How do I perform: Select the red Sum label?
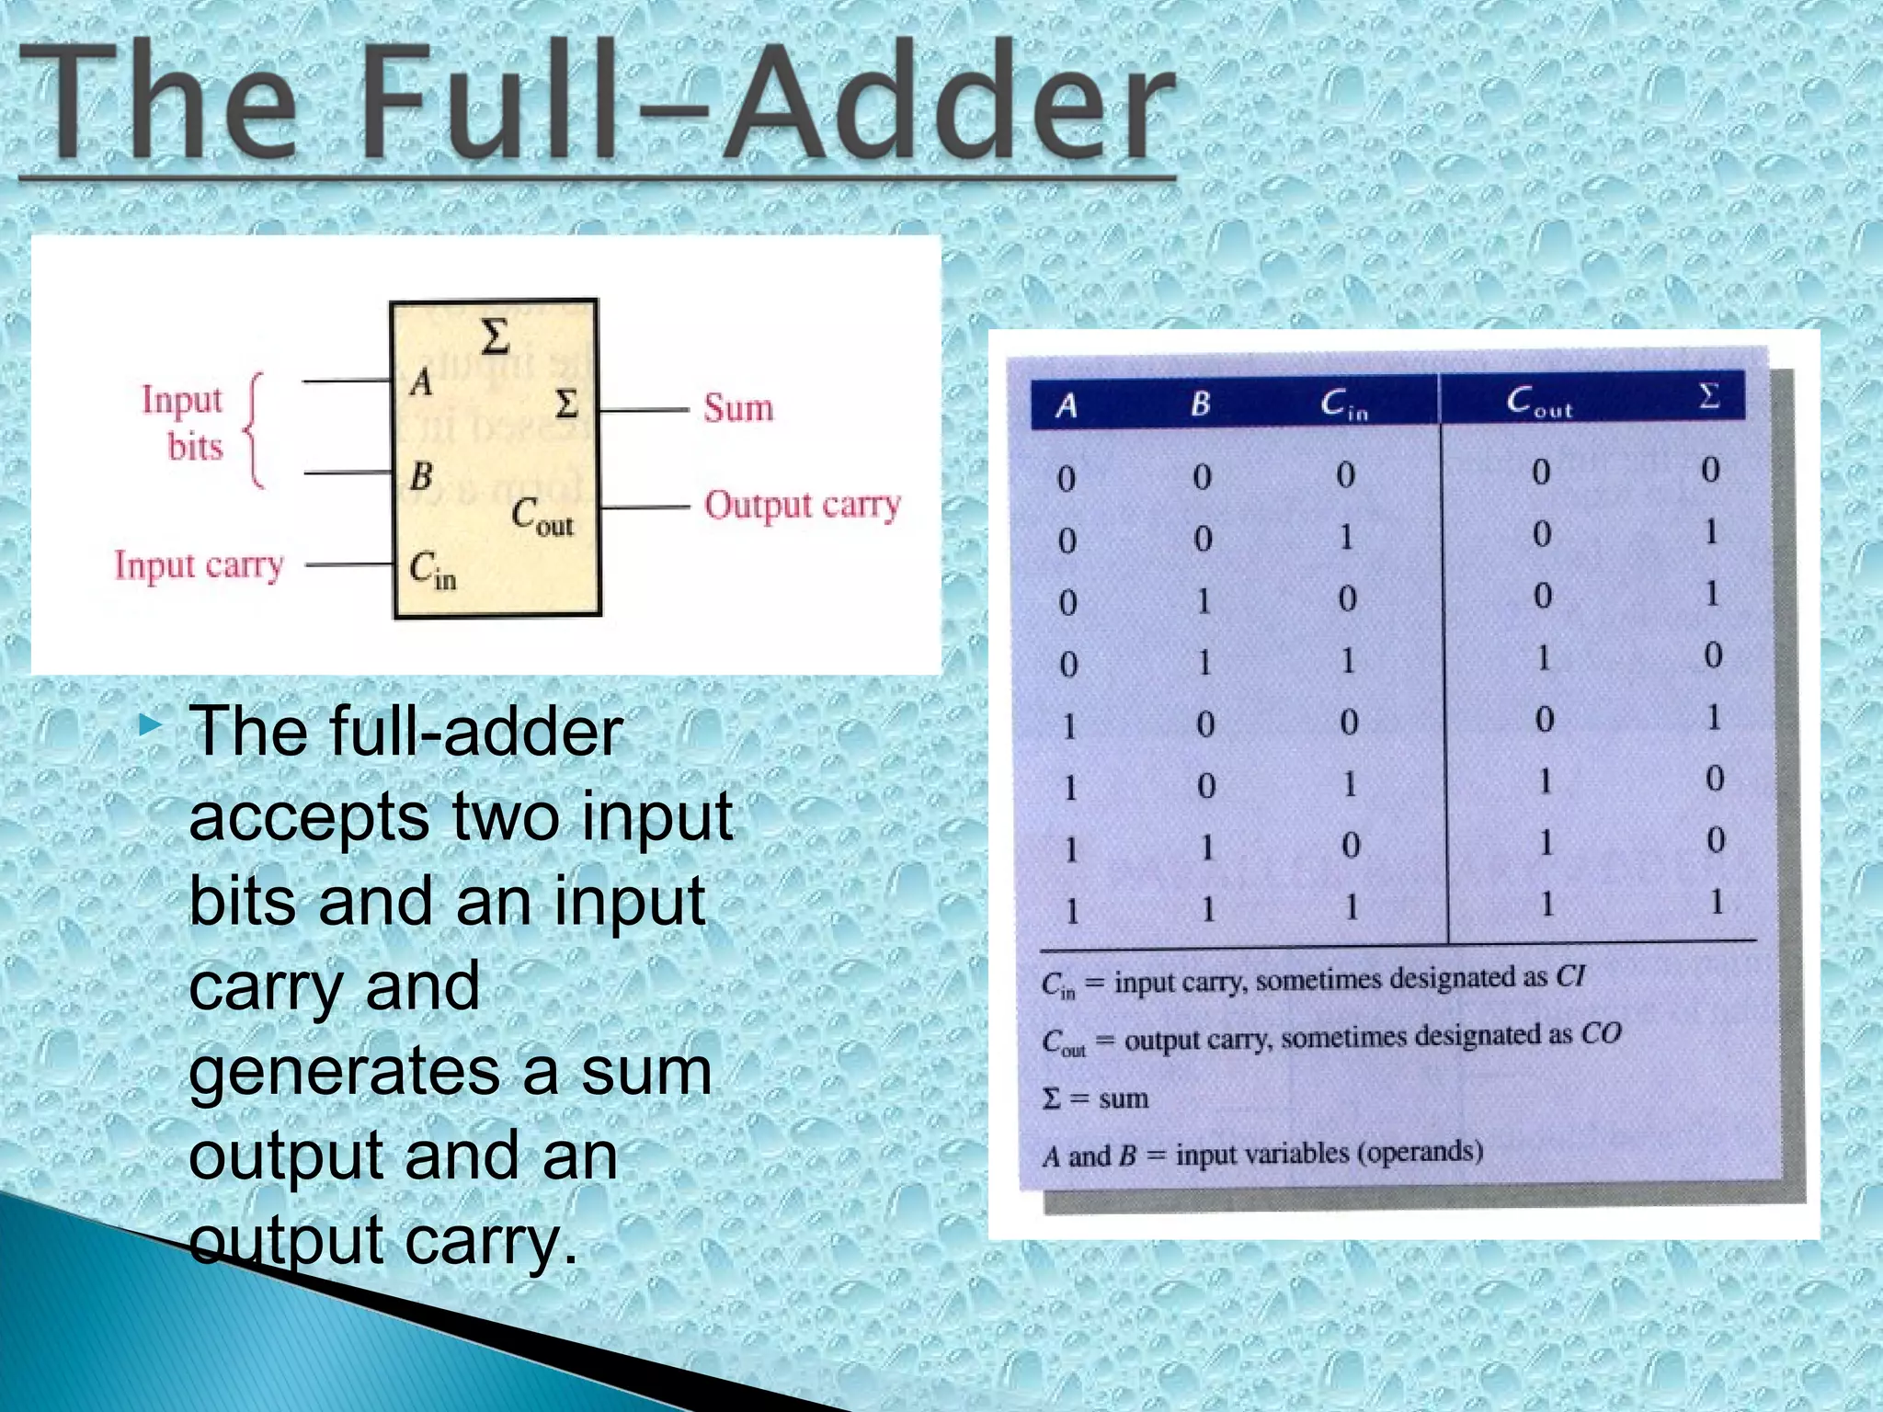coord(738,408)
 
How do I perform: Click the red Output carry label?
coord(802,505)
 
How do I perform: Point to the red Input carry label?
coord(199,565)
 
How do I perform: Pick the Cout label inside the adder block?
coord(542,518)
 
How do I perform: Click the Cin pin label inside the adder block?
coord(432,570)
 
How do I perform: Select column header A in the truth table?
coord(1067,404)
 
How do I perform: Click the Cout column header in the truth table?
coord(1538,402)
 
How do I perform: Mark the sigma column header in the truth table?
coord(1709,396)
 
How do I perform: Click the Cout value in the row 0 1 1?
coord(1544,657)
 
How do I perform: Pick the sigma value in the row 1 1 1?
coord(1716,903)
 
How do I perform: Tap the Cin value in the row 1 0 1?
coord(1349,784)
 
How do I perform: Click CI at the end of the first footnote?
coord(1570,975)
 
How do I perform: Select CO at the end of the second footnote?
coord(1600,1033)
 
